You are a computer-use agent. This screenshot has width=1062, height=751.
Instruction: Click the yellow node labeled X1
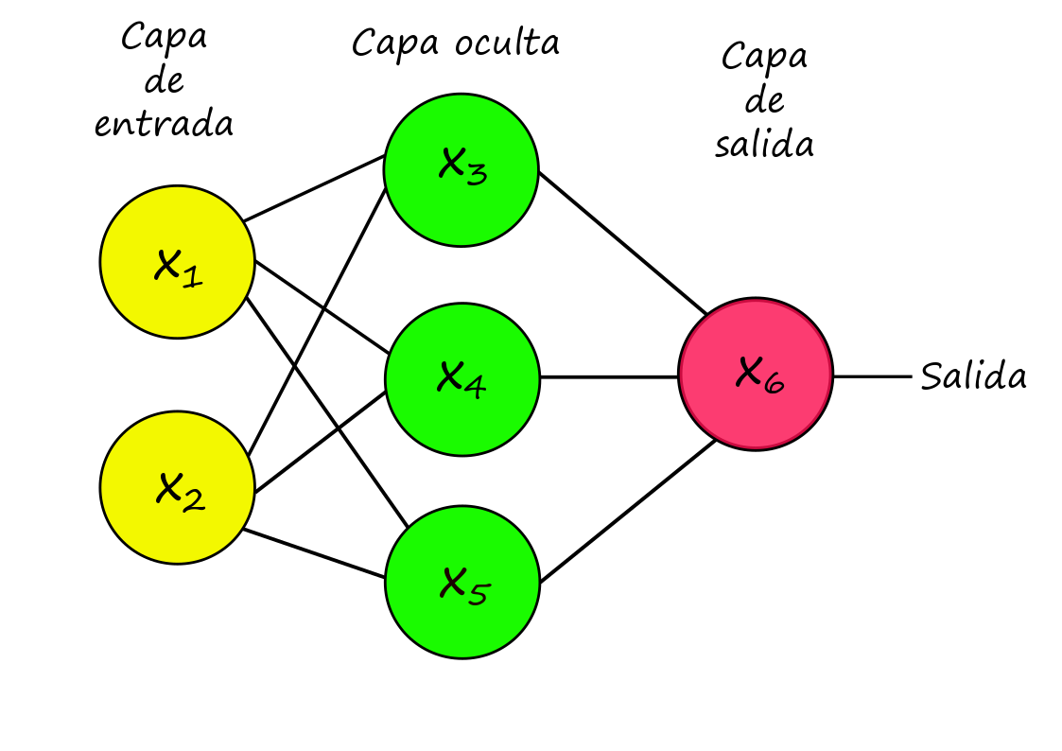click(178, 262)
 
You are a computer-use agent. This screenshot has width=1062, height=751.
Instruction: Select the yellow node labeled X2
click(178, 487)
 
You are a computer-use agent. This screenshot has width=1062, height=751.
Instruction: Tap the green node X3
click(461, 170)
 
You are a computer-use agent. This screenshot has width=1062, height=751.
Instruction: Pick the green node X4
click(461, 379)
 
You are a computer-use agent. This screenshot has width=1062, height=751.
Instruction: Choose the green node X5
click(461, 583)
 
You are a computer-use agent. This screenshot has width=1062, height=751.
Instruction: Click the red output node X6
click(756, 374)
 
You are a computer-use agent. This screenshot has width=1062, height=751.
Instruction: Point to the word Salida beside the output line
click(973, 375)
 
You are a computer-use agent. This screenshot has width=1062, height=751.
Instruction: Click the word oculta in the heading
click(507, 44)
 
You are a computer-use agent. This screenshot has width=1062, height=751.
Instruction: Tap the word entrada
click(164, 124)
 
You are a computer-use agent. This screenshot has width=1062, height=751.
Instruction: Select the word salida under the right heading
click(765, 144)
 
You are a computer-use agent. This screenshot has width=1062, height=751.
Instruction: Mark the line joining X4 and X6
click(609, 377)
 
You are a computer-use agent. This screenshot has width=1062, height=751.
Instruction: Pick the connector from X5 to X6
click(628, 512)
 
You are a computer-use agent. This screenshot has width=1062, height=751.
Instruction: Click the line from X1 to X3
click(314, 188)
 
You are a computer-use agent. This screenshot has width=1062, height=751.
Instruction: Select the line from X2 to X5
click(314, 554)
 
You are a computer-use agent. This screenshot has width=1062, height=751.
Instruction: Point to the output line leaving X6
click(872, 376)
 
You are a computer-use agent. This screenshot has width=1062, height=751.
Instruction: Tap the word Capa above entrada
click(165, 36)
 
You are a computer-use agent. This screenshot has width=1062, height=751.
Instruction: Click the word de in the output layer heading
click(765, 101)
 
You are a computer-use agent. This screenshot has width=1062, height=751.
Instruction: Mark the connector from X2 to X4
click(321, 442)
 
